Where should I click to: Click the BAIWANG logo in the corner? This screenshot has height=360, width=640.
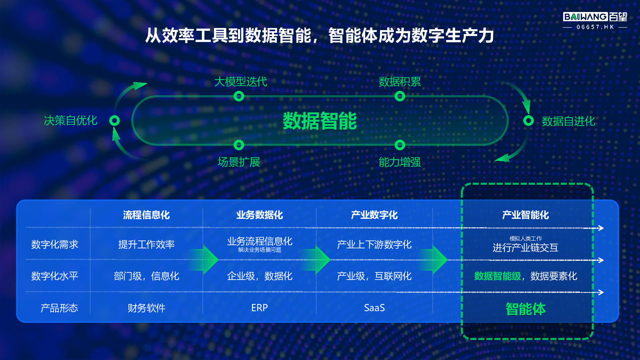click(595, 17)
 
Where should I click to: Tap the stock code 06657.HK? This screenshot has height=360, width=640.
click(595, 27)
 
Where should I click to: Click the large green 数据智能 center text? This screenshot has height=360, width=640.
click(320, 121)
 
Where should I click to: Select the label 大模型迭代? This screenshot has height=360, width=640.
click(240, 82)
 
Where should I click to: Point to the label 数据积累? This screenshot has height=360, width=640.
click(400, 82)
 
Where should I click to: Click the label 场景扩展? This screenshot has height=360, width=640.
click(239, 162)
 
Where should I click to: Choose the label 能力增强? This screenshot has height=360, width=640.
click(400, 162)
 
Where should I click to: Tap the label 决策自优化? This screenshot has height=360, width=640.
click(70, 120)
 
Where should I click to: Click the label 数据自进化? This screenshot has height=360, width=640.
click(568, 121)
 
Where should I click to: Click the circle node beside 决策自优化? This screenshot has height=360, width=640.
click(114, 120)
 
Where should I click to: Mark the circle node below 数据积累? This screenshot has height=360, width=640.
click(400, 96)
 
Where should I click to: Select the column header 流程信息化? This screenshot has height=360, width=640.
click(146, 215)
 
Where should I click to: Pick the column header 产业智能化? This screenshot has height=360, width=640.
click(526, 215)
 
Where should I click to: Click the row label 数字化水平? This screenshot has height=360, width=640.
click(54, 276)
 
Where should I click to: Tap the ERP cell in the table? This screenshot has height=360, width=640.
click(260, 308)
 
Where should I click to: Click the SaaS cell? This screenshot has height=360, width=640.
click(374, 308)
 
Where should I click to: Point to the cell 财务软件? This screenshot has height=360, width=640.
click(146, 308)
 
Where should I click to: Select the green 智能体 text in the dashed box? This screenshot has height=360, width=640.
click(526, 309)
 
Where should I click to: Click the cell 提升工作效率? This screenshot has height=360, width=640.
click(146, 244)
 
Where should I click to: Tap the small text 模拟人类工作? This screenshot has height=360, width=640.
click(526, 238)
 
